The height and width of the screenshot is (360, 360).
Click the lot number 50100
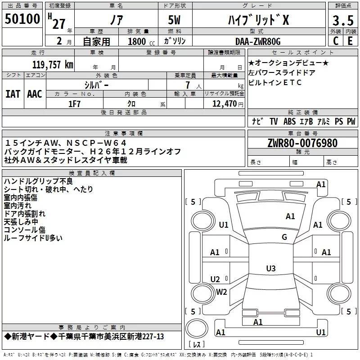click(x=22, y=19)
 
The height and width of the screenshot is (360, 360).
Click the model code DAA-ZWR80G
click(x=258, y=41)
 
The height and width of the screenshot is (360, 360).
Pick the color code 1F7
click(x=74, y=103)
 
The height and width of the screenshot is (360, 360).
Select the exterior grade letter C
click(x=335, y=41)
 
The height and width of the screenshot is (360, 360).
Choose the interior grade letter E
click(x=350, y=41)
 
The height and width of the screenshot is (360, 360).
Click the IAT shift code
click(x=13, y=94)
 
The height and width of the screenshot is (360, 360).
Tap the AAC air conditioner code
click(x=35, y=94)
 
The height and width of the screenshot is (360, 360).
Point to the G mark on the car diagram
click(x=284, y=237)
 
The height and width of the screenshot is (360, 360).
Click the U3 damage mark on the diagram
click(x=270, y=269)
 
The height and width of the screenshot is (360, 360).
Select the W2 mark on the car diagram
click(x=221, y=292)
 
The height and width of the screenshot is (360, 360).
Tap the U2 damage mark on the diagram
click(x=215, y=279)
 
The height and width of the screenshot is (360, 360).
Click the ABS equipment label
click(x=289, y=121)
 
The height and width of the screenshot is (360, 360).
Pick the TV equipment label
click(x=274, y=121)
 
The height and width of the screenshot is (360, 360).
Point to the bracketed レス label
click(x=197, y=345)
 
